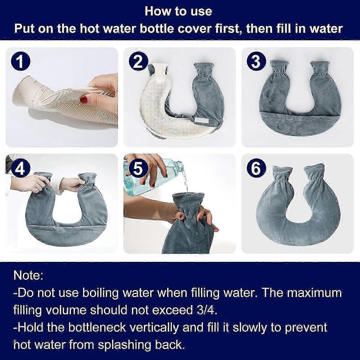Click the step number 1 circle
coord(20,62)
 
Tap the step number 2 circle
coord(138,62)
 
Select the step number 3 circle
coord(256,62)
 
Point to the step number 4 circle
coord(20,169)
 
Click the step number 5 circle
coord(138,169)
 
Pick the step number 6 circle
coord(256,169)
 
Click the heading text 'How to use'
coord(179,11)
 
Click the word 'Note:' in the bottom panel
coord(28,275)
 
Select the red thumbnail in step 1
coord(84,100)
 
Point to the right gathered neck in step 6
coord(314,175)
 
